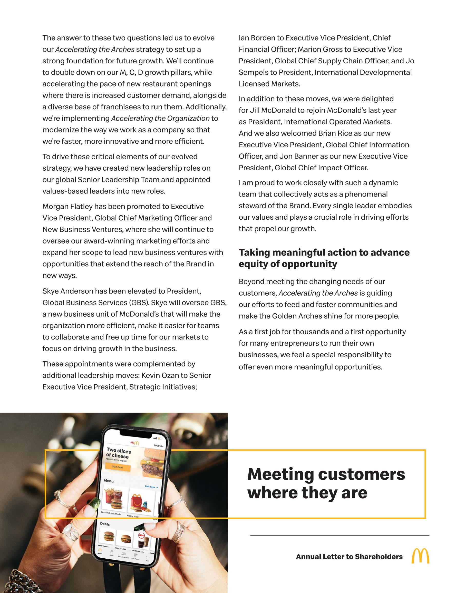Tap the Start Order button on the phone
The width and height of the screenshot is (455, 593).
[118, 467]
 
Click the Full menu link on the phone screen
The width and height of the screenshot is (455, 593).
[151, 487]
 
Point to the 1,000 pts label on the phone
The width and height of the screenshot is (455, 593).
[158, 446]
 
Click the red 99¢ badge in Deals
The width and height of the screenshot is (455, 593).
[141, 535]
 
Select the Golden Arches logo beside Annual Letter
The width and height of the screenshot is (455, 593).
[420, 556]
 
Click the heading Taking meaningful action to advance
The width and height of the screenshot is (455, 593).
[324, 252]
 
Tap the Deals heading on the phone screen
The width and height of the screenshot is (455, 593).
[105, 524]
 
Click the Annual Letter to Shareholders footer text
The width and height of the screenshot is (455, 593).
[349, 557]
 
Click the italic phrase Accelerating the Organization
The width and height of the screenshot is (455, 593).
[160, 118]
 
